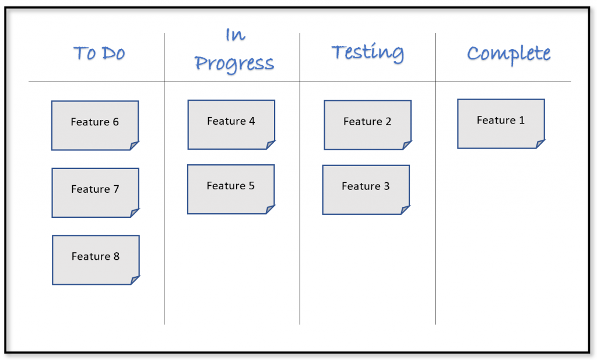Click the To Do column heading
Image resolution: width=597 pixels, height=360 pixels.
point(99,54)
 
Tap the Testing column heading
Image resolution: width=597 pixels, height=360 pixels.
point(367,52)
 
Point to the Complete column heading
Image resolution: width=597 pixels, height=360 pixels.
point(508,54)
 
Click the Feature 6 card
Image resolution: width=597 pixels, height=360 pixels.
point(95,125)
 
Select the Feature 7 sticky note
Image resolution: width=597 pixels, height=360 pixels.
point(95,192)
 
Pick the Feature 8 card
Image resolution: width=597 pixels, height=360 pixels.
point(96,259)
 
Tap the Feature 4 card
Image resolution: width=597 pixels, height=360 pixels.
point(231,124)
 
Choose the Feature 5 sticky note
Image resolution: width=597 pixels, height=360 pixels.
point(230,189)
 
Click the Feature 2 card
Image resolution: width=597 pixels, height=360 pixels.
point(367,125)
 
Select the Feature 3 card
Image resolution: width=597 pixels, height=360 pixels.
point(366,189)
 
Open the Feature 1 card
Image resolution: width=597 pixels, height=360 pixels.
point(501,123)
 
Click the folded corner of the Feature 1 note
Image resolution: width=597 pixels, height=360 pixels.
point(540,144)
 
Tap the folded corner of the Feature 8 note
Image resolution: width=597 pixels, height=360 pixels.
point(135,280)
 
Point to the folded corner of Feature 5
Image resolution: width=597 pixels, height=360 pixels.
point(270,210)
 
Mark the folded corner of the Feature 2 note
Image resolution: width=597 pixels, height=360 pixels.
point(406,146)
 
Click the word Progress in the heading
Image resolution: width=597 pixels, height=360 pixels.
point(234,63)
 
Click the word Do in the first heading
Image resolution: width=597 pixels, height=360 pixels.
point(113,54)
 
